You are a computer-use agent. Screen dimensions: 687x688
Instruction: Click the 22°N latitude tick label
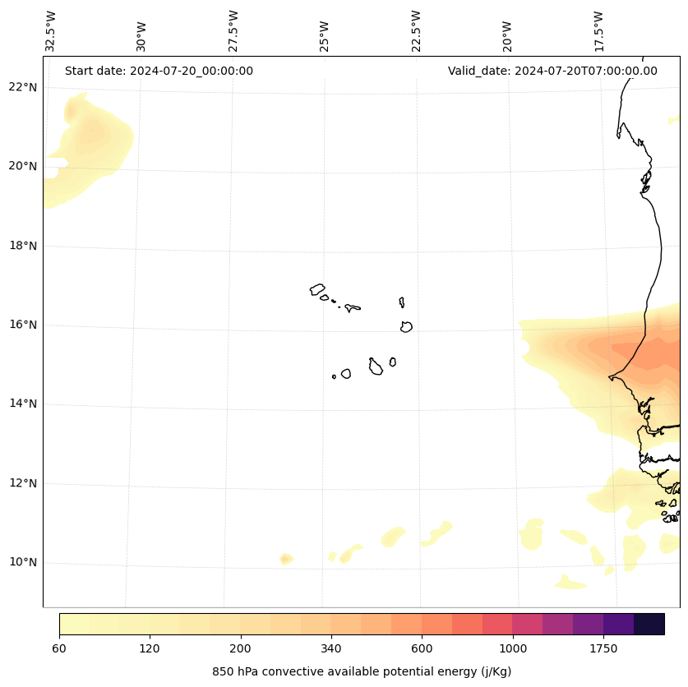click(x=22, y=87)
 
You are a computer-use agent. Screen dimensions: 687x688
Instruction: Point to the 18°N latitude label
click(x=22, y=246)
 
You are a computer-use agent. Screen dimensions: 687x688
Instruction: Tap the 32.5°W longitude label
click(x=52, y=30)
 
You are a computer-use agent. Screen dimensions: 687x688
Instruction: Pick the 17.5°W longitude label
click(x=599, y=30)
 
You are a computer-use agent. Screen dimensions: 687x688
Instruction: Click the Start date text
click(x=159, y=71)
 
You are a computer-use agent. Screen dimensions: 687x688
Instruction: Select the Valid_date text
click(x=552, y=71)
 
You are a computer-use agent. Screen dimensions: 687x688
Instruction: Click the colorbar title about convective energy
click(x=362, y=671)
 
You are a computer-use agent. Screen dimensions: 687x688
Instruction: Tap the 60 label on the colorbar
click(x=59, y=649)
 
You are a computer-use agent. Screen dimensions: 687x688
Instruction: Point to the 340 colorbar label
click(x=331, y=649)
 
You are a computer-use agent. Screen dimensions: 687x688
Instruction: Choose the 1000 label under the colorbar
click(x=512, y=649)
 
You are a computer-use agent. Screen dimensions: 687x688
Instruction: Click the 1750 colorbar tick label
click(x=603, y=649)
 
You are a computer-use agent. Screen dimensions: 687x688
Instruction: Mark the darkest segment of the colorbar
click(x=649, y=624)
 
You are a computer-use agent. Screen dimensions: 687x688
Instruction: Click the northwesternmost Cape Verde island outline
click(x=317, y=289)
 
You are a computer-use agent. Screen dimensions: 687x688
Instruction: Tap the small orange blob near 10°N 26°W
click(x=286, y=559)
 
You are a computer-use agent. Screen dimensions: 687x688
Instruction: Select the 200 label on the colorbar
click(x=240, y=649)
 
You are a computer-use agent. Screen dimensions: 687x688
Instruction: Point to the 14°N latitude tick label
click(x=22, y=404)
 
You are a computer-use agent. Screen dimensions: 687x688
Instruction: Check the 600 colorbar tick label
click(x=422, y=649)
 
